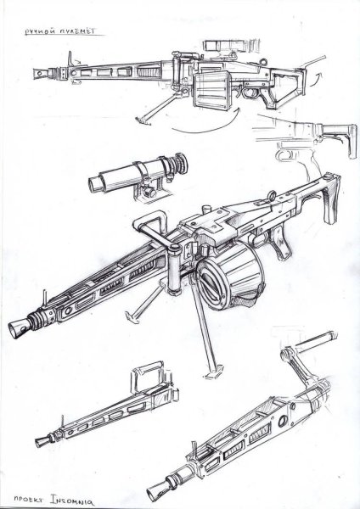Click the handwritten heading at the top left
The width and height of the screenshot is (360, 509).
click(60, 31)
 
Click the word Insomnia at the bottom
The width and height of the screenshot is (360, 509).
click(72, 500)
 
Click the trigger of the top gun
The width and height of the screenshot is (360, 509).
click(247, 92)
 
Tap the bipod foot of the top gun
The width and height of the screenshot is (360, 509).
click(143, 120)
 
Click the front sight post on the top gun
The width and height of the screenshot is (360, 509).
click(70, 60)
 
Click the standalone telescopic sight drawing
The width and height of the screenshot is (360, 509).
click(138, 176)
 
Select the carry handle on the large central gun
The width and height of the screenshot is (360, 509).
click(153, 224)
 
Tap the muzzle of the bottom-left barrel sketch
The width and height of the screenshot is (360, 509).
click(41, 441)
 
